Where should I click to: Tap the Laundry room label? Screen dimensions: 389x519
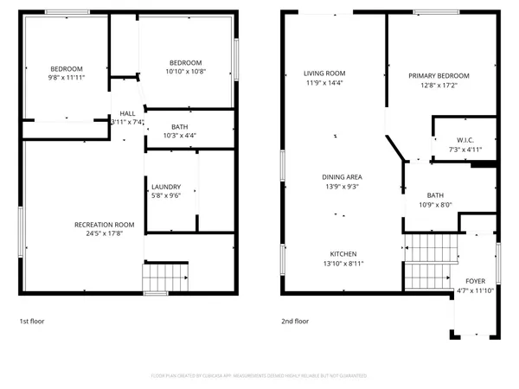(165, 187)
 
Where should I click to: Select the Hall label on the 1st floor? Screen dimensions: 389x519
(127, 113)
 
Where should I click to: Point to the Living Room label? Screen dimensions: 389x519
(324, 73)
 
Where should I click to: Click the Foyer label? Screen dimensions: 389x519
(475, 281)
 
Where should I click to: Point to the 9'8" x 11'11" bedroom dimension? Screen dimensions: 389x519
(66, 78)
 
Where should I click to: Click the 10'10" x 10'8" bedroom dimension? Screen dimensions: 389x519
(185, 72)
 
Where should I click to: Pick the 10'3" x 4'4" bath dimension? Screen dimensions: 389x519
(180, 136)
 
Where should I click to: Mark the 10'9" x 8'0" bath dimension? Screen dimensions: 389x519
(434, 205)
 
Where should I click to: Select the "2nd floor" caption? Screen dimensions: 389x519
(294, 321)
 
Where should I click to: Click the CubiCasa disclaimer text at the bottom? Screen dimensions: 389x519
(259, 376)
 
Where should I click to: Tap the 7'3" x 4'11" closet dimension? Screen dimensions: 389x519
(465, 150)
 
